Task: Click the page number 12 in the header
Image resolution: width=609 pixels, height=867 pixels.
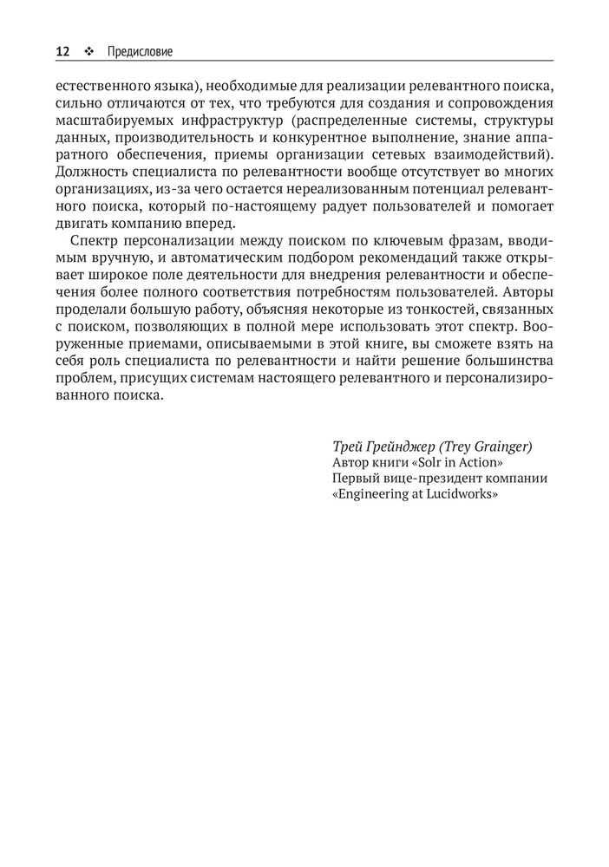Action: click(62, 52)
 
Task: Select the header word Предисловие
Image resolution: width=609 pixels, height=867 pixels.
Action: click(140, 52)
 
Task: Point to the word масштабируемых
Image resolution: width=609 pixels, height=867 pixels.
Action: click(109, 121)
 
